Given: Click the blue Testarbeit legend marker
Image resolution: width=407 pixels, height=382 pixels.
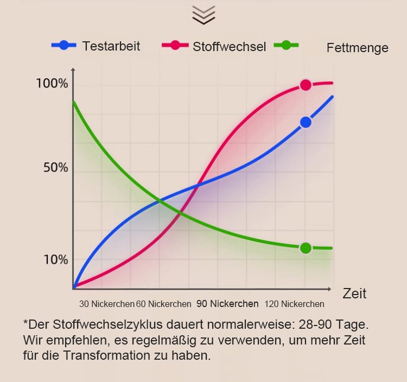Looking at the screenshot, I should pos(64,46).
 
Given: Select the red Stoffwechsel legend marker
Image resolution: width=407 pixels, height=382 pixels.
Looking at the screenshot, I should pos(175,46).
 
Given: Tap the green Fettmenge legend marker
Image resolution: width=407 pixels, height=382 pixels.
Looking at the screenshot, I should pos(286,46).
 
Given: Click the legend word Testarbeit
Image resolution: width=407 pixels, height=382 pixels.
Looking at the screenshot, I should pos(111,46).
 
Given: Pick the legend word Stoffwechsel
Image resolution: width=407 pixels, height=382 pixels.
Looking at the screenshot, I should pos(229,47).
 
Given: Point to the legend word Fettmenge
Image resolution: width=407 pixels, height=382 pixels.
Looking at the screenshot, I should pos(358,48).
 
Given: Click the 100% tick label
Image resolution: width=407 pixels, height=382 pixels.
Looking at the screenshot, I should pos(52,84).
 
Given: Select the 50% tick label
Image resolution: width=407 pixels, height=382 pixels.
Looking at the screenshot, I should pos(56,167).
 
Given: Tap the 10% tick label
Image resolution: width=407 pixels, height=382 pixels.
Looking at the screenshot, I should pos(56,260).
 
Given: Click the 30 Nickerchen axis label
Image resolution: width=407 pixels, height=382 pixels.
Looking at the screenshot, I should pos(106,304).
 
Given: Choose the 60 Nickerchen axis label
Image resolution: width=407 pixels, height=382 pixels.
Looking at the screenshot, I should pos(164,304).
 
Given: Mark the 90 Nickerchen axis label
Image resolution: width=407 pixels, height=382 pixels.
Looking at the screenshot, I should pos(227,304).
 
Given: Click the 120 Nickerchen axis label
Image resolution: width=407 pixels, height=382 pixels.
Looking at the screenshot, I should pos(295,304).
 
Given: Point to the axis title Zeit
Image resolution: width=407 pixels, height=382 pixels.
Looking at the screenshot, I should pos(354,294).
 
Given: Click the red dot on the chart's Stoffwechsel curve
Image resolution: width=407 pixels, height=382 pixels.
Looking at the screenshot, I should pos(306,85).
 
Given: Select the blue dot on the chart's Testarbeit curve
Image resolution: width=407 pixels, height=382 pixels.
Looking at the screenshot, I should pos(306,122).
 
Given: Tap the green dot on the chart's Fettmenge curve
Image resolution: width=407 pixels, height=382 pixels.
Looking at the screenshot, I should pos(306,248).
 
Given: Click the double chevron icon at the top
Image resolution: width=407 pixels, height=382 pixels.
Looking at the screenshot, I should pos(203,15).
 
